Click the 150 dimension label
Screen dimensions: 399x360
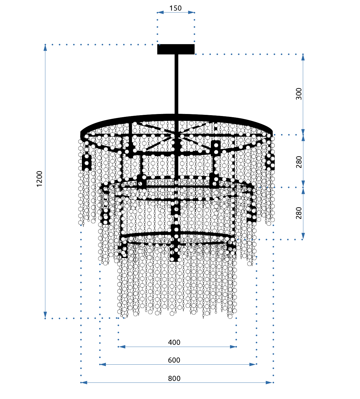pyautogui.click(x=175, y=8)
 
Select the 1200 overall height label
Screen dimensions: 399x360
pyautogui.click(x=39, y=179)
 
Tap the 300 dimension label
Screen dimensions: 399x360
pyautogui.click(x=299, y=94)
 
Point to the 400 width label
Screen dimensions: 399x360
pyautogui.click(x=174, y=342)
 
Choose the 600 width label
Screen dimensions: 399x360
pyautogui.click(x=174, y=360)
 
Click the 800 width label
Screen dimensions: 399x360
pyautogui.click(x=174, y=378)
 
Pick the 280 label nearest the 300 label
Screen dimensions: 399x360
pyautogui.click(x=299, y=162)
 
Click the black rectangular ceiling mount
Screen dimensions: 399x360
pyautogui.click(x=176, y=49)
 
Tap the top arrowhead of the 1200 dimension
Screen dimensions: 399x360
pyautogui.click(x=45, y=48)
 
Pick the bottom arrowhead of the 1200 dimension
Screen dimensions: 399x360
pyautogui.click(x=45, y=315)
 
